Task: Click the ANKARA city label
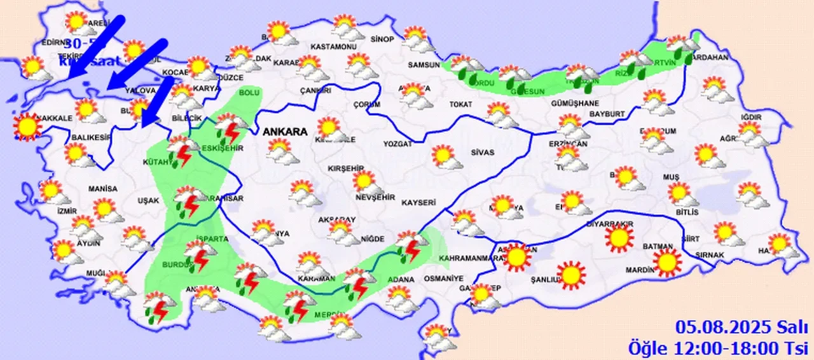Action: point(284,132)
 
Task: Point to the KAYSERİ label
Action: point(418,203)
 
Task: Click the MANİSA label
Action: point(104,189)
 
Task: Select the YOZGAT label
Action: point(397,144)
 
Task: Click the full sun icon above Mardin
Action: point(667,261)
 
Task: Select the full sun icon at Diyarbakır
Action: point(619,238)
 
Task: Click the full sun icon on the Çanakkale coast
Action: point(27,127)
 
